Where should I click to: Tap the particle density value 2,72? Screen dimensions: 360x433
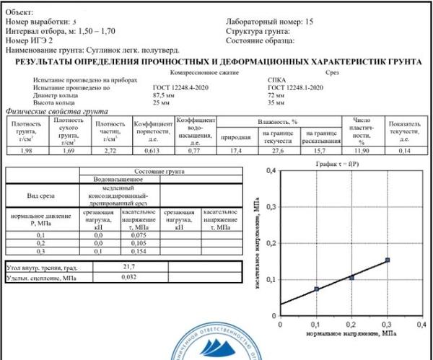tap(110, 150)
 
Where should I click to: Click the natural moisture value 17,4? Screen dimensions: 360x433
tap(235, 150)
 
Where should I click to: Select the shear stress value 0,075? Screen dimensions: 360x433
tap(139, 234)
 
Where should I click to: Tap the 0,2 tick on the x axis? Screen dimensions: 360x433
tap(352, 325)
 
